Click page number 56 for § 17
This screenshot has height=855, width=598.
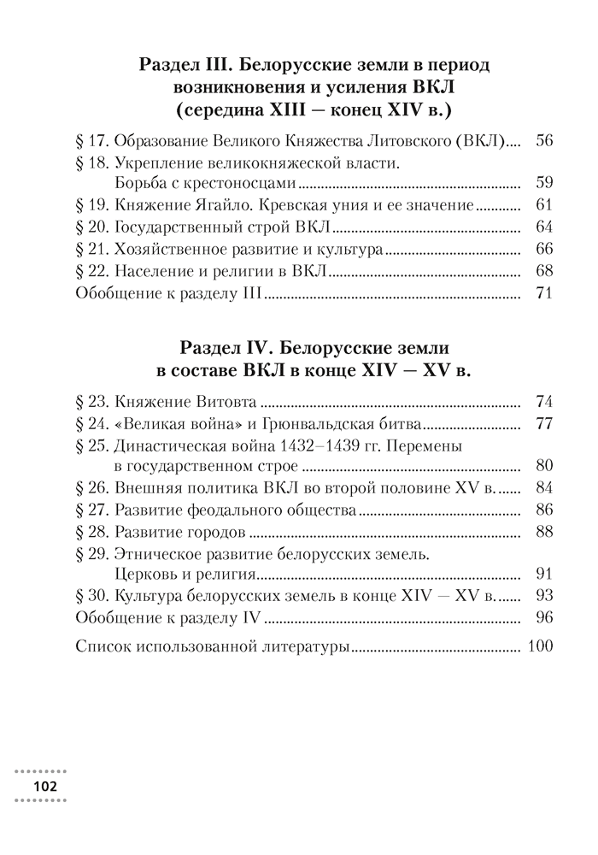(x=543, y=140)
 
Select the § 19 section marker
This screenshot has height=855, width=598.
(x=91, y=205)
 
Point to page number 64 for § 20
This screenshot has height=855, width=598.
(x=543, y=227)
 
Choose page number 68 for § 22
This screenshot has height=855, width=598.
(x=543, y=272)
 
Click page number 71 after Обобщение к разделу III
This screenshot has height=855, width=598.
(x=543, y=294)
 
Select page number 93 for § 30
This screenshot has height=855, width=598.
(x=543, y=597)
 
